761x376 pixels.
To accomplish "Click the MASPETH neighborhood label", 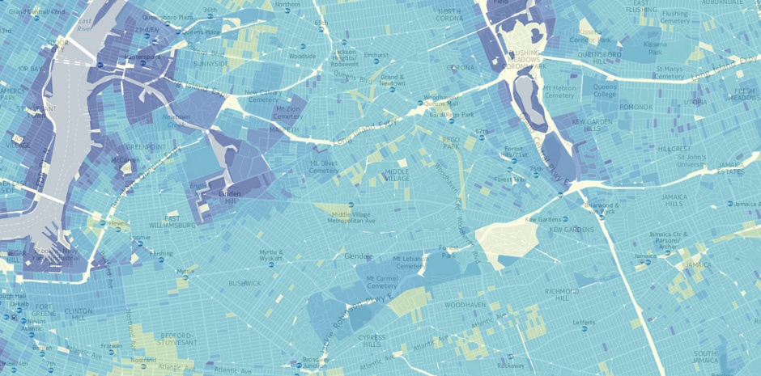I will point(284,129).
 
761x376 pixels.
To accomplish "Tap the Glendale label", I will point(358,256).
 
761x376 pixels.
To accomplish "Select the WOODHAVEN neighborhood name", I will point(464,305).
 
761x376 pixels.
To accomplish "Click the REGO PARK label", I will point(451,142).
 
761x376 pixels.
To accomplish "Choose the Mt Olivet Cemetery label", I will point(324,167).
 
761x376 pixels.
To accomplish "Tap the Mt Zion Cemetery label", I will point(288,112).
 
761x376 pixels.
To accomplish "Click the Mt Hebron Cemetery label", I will point(559,91).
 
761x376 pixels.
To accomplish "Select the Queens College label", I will point(605,91).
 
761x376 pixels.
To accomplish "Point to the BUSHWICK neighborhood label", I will point(244,283).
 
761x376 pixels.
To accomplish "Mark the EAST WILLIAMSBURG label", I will point(172,222).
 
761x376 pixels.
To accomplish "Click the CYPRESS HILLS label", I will point(372,340).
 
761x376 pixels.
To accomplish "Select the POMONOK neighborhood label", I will point(636,107).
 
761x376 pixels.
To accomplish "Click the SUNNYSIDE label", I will point(211,63).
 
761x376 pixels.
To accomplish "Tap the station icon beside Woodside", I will point(302,47).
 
